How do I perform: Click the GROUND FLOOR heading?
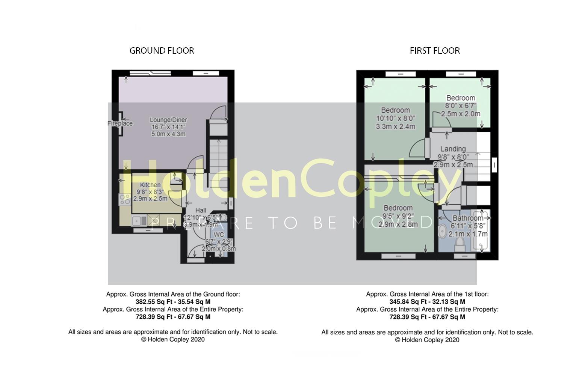pos(162,51)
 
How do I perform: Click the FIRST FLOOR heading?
pos(435,51)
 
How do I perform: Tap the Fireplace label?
pos(120,123)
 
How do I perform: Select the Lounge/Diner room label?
pos(168,120)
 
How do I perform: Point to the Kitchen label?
pos(150,185)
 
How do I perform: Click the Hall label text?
pos(201,211)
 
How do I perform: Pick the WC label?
pos(219,235)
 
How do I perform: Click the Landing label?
pos(453,149)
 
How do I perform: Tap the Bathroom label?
pos(468,218)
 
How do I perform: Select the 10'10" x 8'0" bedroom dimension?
pos(395,118)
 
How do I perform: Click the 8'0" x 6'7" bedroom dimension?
pos(461,106)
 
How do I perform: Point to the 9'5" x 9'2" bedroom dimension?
pos(398,216)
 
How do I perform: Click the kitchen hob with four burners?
pos(125,199)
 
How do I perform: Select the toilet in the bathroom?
pos(459,245)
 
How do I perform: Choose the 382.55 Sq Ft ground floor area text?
pos(173,302)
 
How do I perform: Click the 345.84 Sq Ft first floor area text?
pos(427,302)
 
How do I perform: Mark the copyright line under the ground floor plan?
pos(173,339)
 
